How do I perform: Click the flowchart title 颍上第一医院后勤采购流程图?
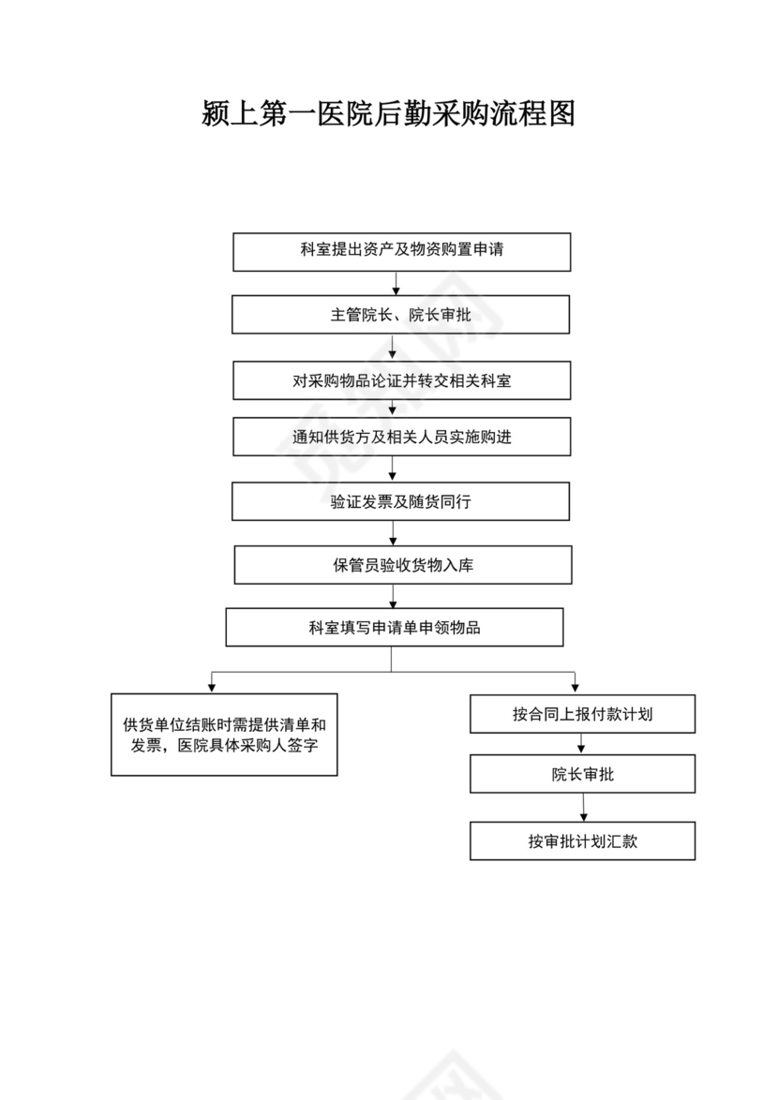[388, 113]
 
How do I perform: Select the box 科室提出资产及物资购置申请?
[401, 251]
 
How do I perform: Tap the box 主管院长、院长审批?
[400, 315]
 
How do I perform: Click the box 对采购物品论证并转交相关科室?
[401, 381]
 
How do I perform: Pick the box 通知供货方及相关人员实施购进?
[401, 438]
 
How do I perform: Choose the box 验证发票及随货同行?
[400, 501]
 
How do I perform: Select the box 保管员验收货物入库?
[402, 565]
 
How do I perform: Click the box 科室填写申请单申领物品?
[394, 628]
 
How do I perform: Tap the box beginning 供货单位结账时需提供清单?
[224, 735]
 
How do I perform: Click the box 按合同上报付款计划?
[582, 714]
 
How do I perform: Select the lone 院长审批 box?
[582, 774]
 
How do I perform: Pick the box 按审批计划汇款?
[582, 841]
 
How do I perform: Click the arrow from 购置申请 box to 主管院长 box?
[396, 283]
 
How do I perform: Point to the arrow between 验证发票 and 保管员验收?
[394, 533]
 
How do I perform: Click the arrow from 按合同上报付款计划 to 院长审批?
[581, 744]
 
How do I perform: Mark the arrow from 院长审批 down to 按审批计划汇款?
[583, 808]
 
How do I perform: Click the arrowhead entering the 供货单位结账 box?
[212, 688]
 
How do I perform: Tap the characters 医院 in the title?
[344, 113]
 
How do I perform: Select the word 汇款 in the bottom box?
[623, 841]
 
